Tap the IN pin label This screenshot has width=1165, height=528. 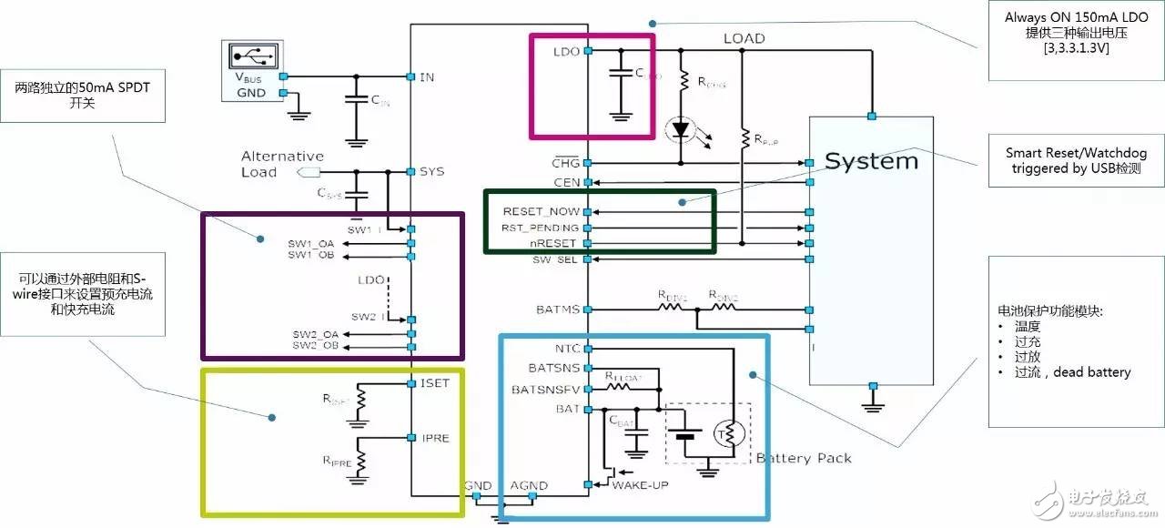pyautogui.click(x=426, y=76)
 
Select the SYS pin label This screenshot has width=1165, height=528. pyautogui.click(x=431, y=171)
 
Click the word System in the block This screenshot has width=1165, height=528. pyautogui.click(x=871, y=162)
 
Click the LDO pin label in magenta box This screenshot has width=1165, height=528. pyautogui.click(x=565, y=51)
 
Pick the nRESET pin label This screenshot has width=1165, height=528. pyautogui.click(x=554, y=243)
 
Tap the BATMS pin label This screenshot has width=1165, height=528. pyautogui.click(x=558, y=310)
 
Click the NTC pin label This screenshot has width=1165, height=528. pyautogui.click(x=566, y=349)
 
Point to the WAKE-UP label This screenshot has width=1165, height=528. pyautogui.click(x=640, y=485)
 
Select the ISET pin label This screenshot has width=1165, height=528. pyautogui.click(x=435, y=383)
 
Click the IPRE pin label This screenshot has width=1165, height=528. pyautogui.click(x=434, y=438)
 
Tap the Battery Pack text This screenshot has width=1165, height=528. pyautogui.click(x=804, y=458)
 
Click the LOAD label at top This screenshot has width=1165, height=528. pyautogui.click(x=744, y=38)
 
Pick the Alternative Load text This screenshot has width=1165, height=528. pyautogui.click(x=282, y=164)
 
